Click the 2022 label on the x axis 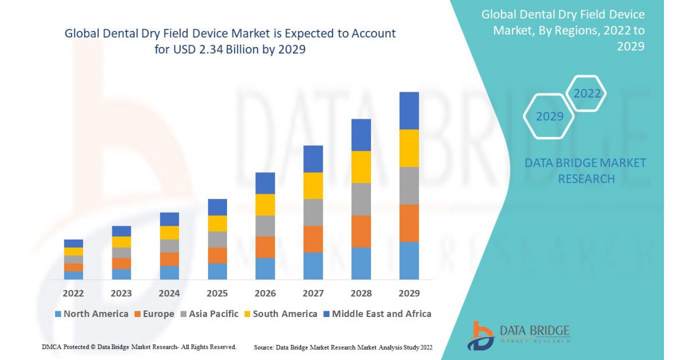[x=73, y=294]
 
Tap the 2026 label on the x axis [x=265, y=294]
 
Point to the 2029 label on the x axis [x=409, y=294]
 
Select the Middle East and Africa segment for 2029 [x=409, y=111]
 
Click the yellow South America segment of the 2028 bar [x=361, y=167]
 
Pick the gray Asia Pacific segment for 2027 [x=313, y=212]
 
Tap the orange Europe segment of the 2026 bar [x=265, y=247]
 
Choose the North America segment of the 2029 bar [x=409, y=260]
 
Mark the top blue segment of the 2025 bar [x=217, y=207]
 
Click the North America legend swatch [x=58, y=314]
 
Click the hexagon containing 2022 [x=587, y=93]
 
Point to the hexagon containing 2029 [x=549, y=116]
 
